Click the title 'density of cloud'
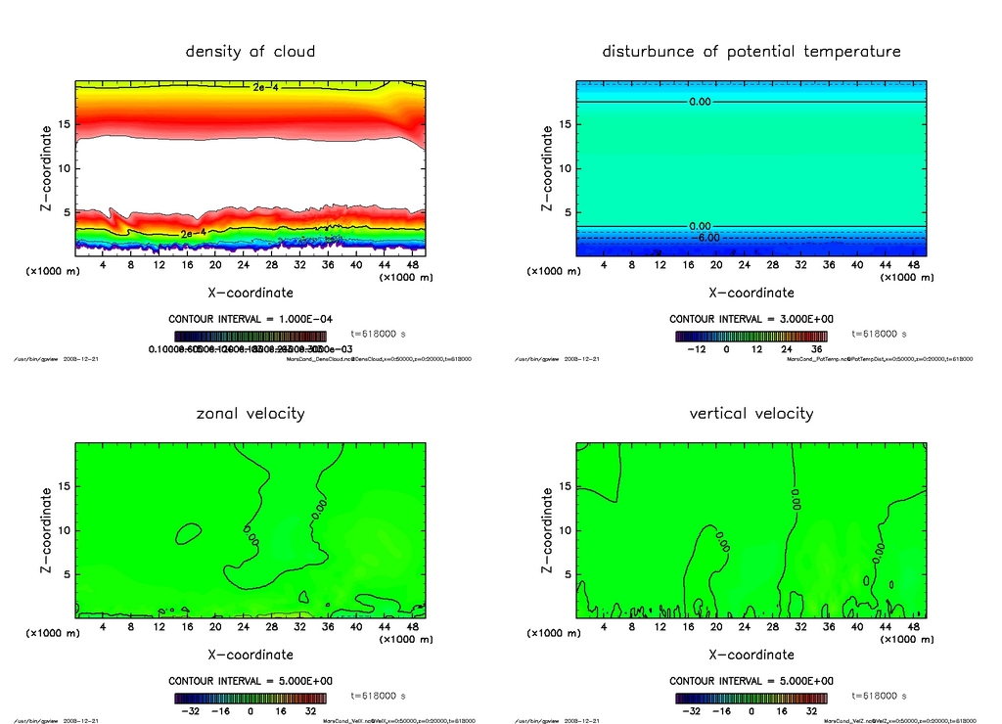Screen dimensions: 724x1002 click(250, 51)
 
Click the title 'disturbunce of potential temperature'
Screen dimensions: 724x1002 click(751, 51)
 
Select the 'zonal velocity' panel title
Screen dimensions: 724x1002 click(250, 413)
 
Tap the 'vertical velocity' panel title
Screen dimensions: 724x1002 click(751, 413)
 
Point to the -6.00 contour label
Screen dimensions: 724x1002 click(706, 237)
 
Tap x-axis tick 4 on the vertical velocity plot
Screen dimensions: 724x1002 click(604, 627)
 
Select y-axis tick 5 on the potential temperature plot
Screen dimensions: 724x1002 click(563, 212)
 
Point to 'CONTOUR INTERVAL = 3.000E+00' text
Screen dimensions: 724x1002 click(751, 319)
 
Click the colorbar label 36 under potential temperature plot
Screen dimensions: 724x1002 click(814, 348)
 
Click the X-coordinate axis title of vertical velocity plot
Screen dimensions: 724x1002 click(751, 655)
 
